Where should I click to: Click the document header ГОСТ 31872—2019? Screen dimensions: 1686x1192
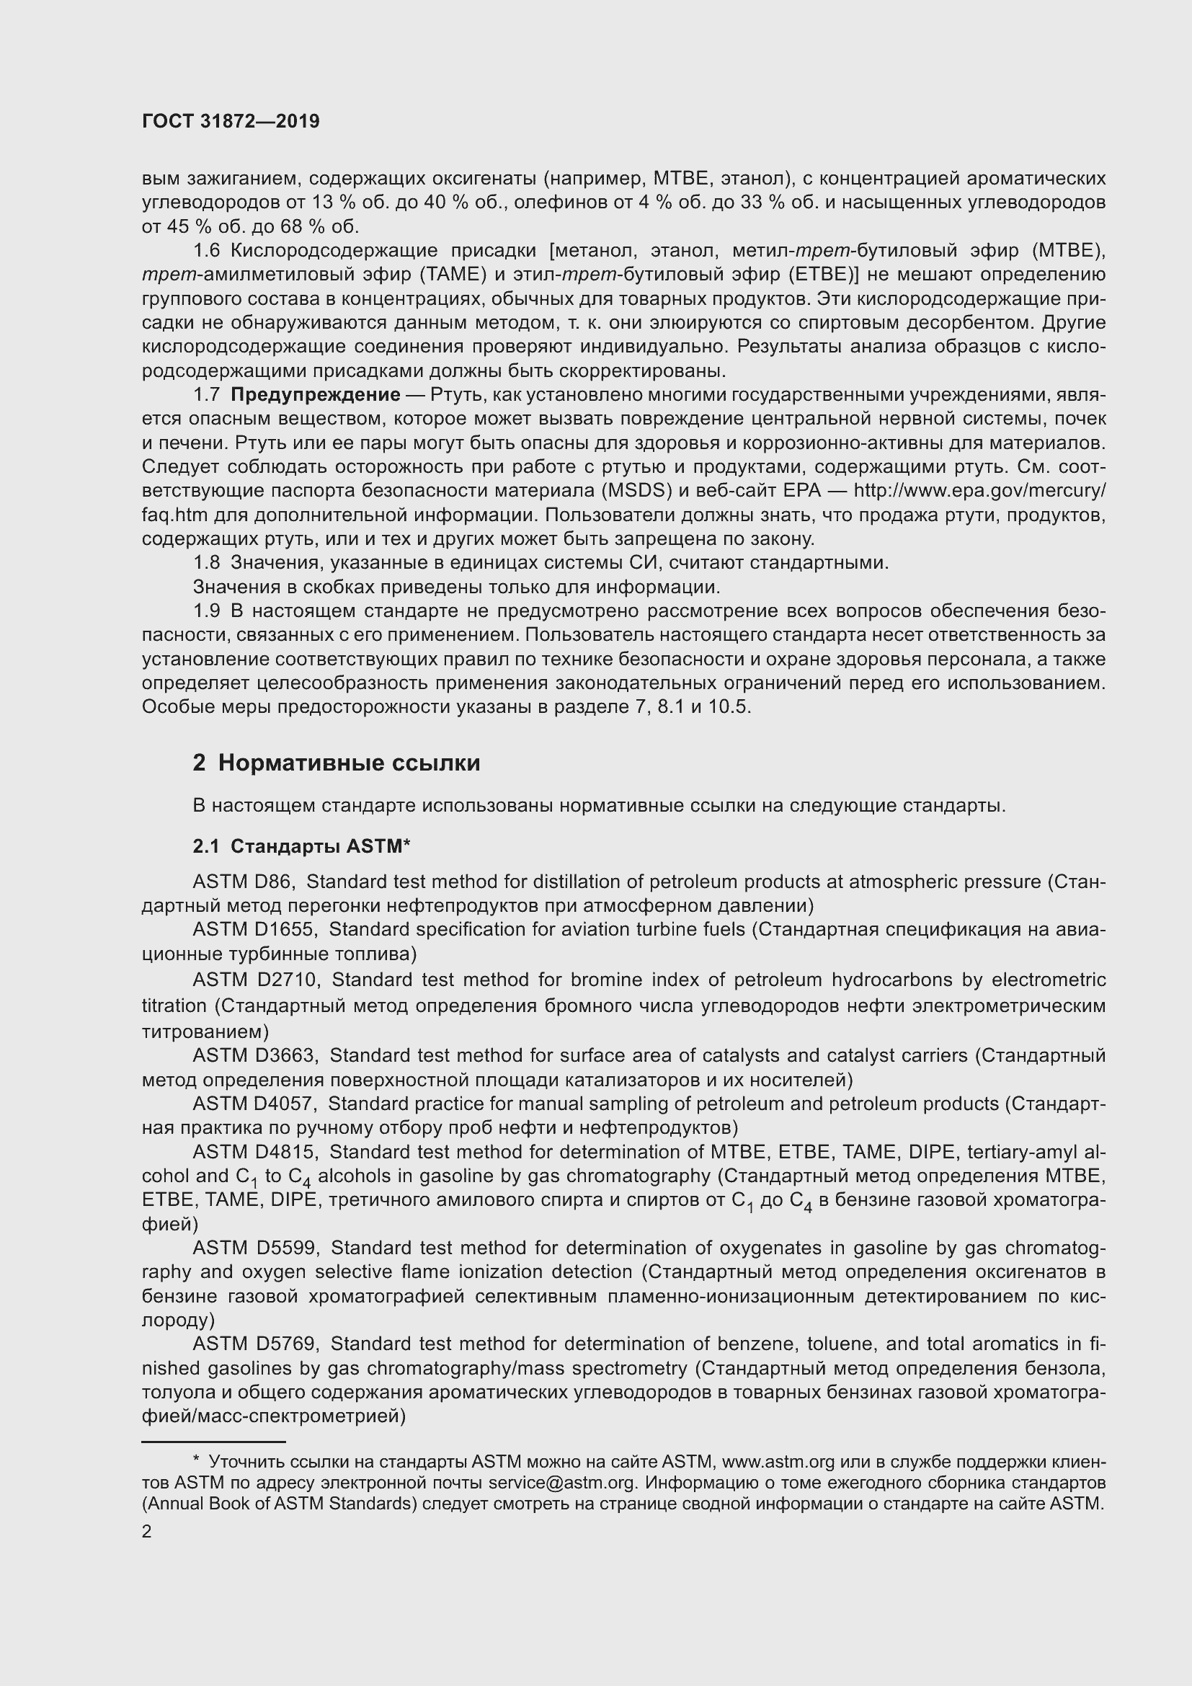[231, 122]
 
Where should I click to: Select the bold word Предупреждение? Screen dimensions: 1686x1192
[316, 395]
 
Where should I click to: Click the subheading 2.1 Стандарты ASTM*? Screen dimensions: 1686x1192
[301, 847]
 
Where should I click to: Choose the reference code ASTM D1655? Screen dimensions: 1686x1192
[254, 930]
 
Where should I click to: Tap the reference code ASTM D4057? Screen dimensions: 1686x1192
[254, 1104]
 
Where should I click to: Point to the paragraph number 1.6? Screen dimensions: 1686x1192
[206, 251]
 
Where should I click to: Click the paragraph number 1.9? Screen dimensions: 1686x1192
[206, 611]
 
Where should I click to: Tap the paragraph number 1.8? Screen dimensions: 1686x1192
[206, 563]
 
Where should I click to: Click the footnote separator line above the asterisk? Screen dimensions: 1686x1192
[213, 1442]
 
